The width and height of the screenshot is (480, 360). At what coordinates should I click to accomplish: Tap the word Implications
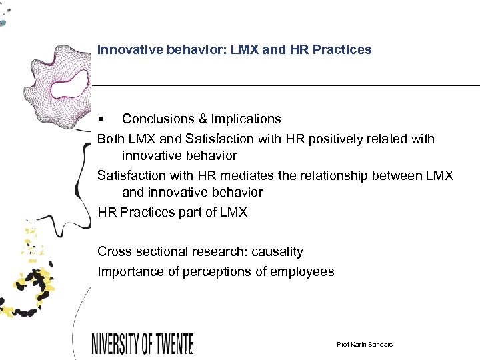click(246, 119)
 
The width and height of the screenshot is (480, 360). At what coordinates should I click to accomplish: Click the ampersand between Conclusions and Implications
click(203, 119)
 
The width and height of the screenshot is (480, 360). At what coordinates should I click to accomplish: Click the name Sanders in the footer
click(379, 344)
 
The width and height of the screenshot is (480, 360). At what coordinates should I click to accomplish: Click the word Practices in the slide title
click(345, 49)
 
